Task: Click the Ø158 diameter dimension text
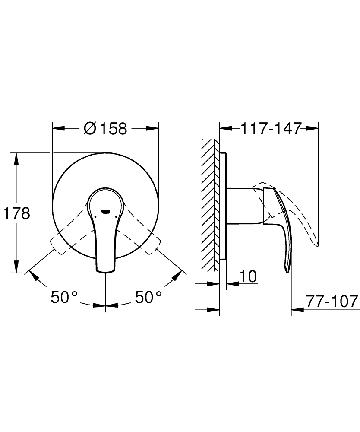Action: [106, 128]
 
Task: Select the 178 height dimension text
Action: [17, 213]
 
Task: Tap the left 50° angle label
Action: [64, 297]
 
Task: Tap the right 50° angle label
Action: [148, 297]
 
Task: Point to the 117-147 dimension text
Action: [269, 128]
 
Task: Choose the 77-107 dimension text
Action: [332, 301]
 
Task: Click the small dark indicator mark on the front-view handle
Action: [106, 212]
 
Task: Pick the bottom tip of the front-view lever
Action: [105, 271]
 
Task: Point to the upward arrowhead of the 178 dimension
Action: [17, 158]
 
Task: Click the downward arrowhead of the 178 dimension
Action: [17, 267]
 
